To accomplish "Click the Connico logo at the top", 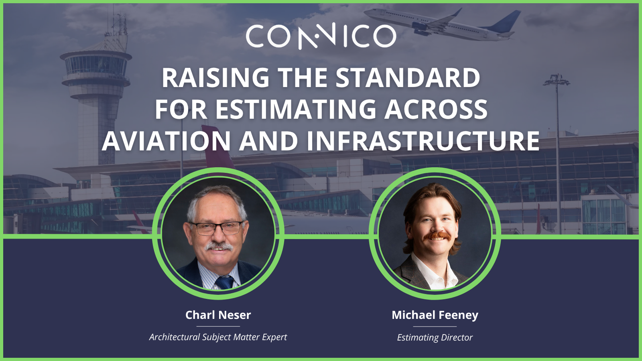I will click(321, 36).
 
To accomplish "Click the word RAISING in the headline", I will click(215, 78).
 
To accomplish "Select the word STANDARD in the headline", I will click(408, 78).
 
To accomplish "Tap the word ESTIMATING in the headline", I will click(296, 110).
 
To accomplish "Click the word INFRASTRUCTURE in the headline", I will click(423, 141).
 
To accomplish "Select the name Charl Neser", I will click(218, 315).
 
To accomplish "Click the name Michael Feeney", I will click(435, 315).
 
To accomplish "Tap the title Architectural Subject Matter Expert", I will click(218, 337).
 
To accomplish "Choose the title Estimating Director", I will click(435, 337).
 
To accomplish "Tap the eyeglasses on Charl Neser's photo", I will click(217, 228).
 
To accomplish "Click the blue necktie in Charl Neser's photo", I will click(224, 282).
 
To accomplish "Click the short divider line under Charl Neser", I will click(218, 326).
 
